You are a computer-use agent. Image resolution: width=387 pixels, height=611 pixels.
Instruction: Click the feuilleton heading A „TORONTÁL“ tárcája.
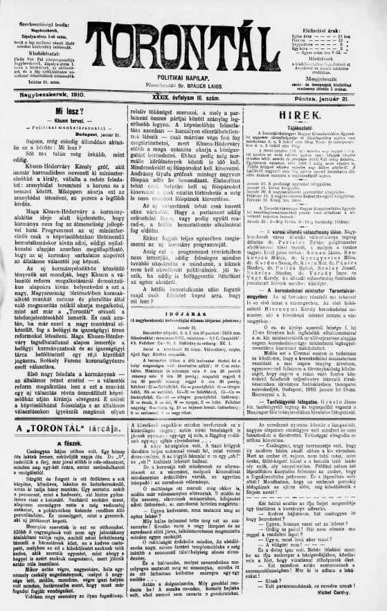click(x=66, y=408)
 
